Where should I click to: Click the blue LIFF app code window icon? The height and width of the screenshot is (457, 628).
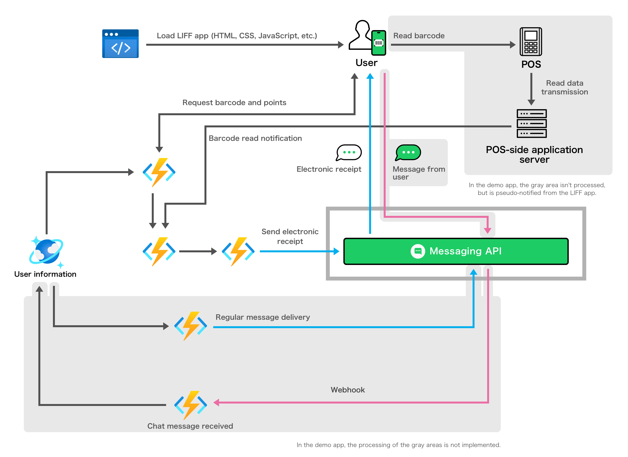120,44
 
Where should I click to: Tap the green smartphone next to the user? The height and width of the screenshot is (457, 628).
379,43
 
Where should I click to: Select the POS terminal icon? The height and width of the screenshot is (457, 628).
531,42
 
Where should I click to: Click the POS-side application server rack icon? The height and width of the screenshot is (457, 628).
531,123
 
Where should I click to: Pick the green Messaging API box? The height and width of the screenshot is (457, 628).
456,251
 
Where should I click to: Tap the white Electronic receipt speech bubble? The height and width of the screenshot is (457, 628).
349,152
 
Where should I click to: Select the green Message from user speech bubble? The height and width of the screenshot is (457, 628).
408,152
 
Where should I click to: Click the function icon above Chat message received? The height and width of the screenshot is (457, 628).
190,405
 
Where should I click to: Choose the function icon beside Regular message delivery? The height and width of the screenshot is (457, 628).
190,326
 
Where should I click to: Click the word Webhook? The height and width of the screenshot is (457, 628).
348,390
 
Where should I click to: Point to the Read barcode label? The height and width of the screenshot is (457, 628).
419,36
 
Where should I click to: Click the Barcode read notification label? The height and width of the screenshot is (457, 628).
255,138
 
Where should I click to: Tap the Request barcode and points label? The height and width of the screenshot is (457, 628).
234,103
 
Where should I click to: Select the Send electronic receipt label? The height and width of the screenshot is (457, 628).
290,236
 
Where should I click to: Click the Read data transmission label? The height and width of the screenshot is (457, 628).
564,87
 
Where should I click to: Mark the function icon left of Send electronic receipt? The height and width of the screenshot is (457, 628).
238,251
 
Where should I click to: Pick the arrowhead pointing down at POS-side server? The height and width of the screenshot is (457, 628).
531,102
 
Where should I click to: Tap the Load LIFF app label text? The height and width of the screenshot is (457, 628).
237,36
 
